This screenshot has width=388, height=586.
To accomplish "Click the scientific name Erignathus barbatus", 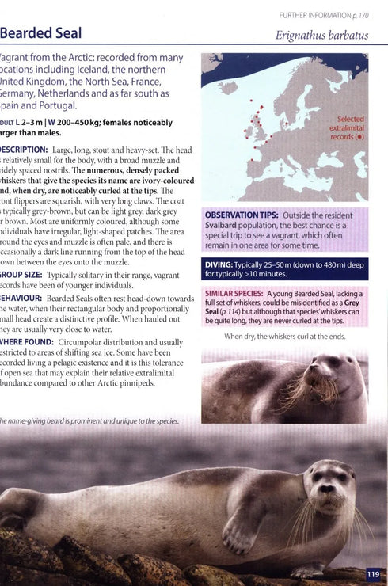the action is point(321,35).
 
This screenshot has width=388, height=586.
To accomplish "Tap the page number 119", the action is point(374,574).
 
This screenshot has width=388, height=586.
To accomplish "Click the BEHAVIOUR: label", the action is point(21,299).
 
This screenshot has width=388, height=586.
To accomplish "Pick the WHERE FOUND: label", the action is point(24,343).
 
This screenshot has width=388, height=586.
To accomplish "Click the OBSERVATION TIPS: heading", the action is point(241,215).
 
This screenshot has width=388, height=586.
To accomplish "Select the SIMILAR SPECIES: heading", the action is point(234,294).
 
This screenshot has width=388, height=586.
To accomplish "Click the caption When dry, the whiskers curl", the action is point(284,337).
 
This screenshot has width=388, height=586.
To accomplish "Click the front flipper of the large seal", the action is point(238,531).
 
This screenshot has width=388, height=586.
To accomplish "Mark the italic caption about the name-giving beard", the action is point(89,420).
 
